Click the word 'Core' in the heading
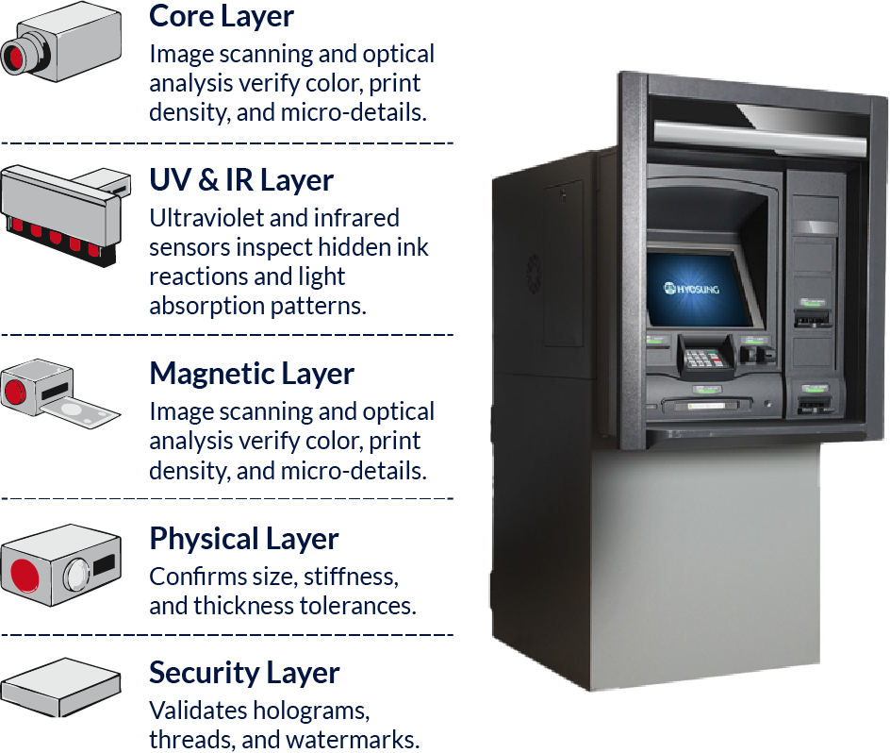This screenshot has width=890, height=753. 182,16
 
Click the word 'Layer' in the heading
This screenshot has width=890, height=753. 255,16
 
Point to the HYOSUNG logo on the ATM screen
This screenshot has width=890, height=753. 691,288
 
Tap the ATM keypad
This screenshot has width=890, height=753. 699,359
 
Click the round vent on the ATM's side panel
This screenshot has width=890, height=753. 533,274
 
